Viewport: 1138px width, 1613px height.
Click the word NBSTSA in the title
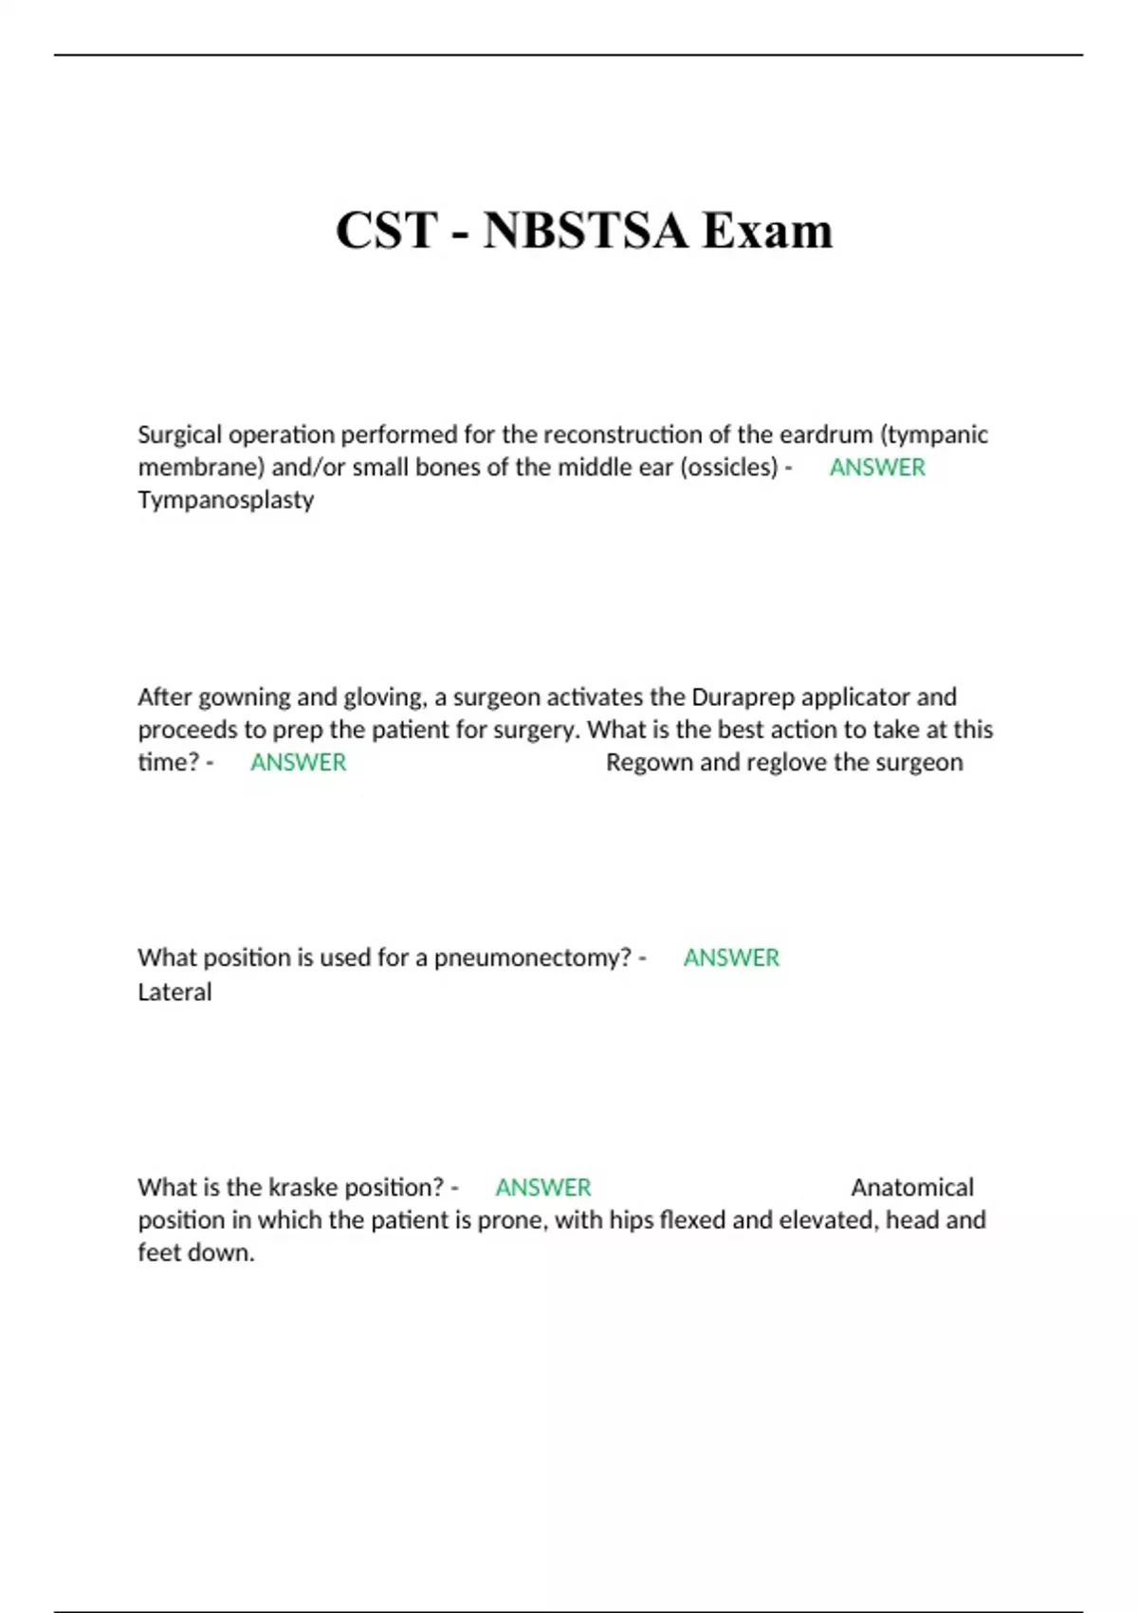585,231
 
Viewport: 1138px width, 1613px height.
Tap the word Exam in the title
767,231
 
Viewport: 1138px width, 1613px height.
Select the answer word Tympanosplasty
226,500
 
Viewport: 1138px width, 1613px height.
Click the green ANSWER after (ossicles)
877,467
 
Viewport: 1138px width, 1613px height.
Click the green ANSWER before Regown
298,763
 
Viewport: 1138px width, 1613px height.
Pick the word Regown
649,763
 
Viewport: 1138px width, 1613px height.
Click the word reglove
763,763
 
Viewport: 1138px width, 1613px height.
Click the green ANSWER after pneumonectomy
731,958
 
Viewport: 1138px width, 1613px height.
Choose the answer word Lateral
174,992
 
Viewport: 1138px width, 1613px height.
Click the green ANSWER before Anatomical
542,1188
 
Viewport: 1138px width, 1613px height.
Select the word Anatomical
912,1188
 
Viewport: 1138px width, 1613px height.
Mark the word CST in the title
387,231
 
